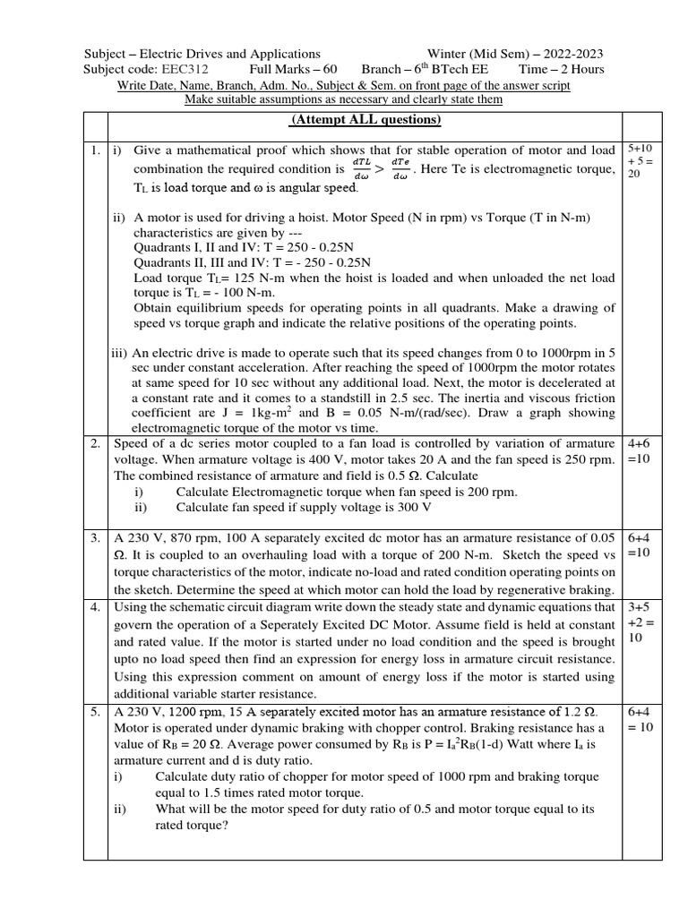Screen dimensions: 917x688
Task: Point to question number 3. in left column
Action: (95, 538)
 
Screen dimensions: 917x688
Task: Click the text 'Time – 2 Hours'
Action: (562, 69)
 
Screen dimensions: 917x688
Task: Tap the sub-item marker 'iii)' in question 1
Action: (119, 352)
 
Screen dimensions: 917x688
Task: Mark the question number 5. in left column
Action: (95, 711)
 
